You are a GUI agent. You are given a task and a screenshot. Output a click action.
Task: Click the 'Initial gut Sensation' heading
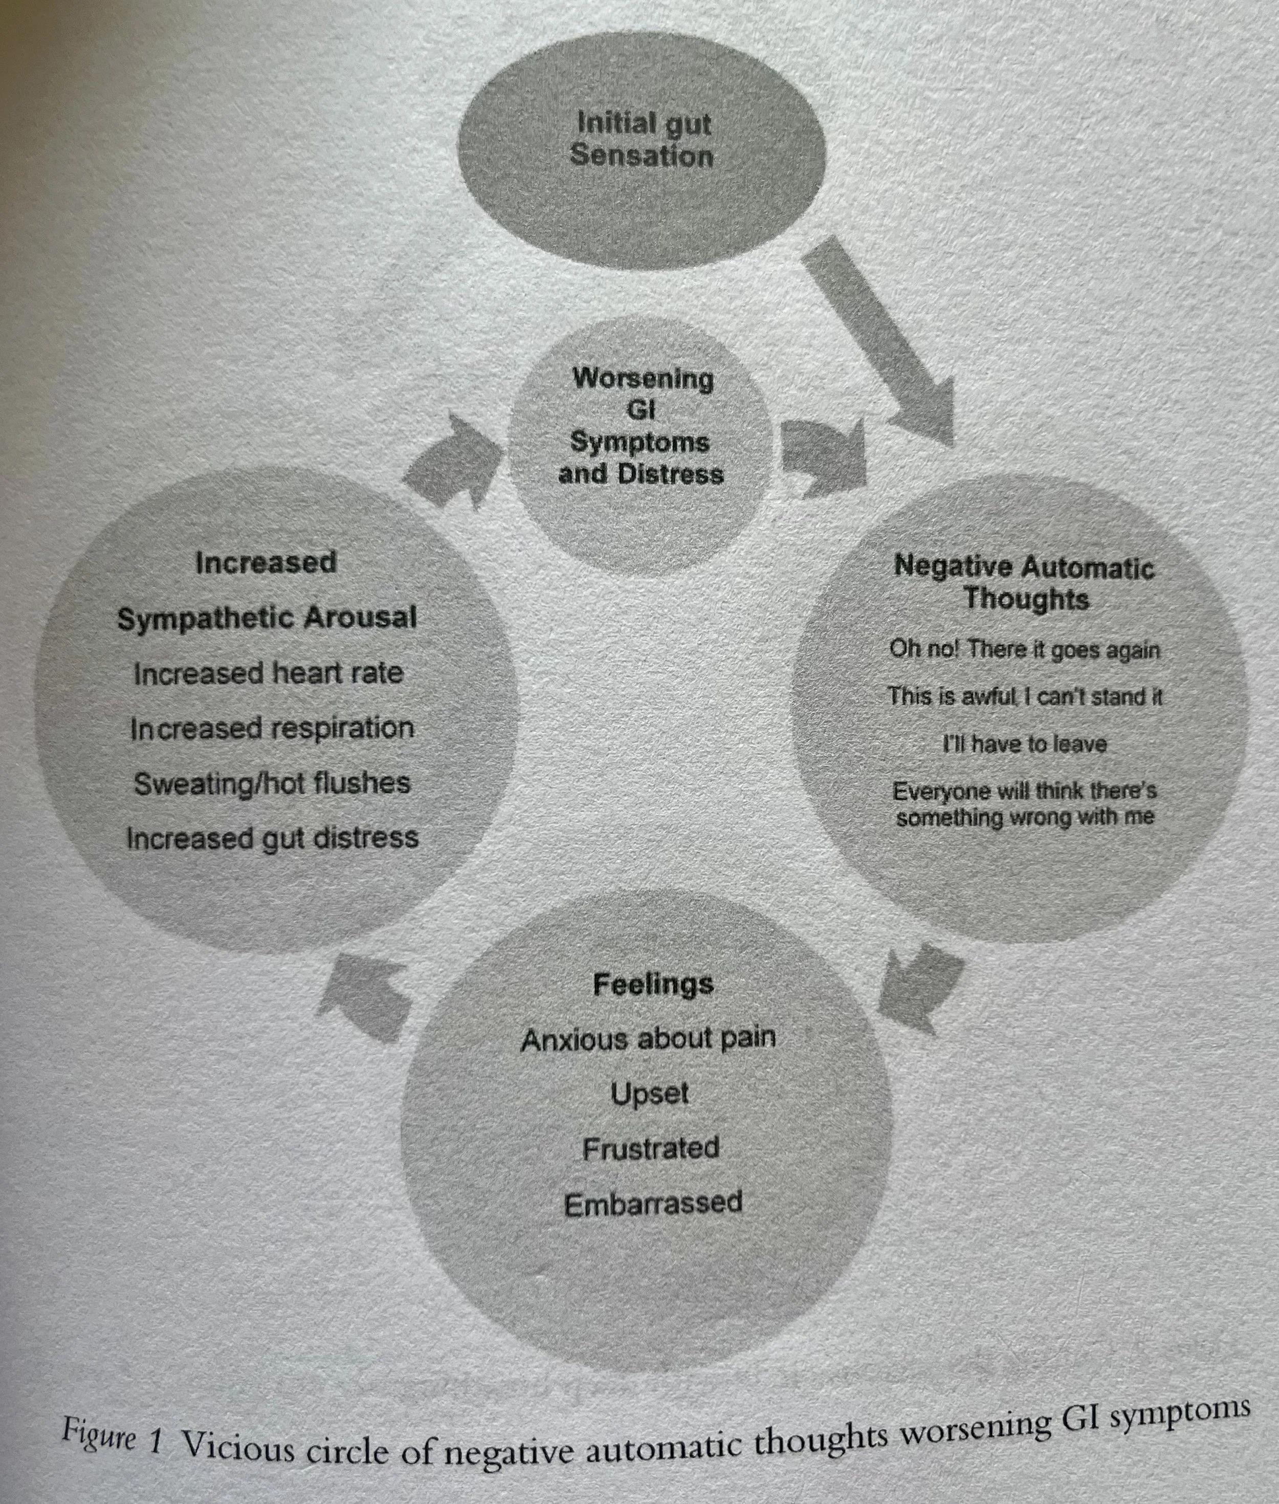click(x=641, y=139)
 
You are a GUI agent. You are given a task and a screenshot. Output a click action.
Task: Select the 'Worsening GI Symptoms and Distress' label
click(x=641, y=426)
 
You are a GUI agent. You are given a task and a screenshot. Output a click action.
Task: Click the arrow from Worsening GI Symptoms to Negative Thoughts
click(x=827, y=455)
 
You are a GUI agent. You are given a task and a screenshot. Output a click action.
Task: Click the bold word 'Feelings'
click(x=653, y=985)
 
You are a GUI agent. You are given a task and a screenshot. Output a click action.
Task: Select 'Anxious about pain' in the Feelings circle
click(x=648, y=1040)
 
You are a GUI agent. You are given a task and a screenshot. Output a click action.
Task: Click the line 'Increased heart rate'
click(x=268, y=673)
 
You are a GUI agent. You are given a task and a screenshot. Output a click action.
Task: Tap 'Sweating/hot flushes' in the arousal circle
click(x=272, y=783)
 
